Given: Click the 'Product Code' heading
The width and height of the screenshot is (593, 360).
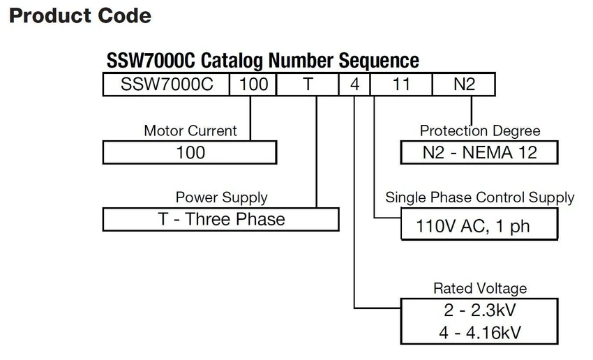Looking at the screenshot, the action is [x=80, y=16].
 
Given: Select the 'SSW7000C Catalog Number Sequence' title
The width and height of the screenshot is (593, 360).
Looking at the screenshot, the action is [x=263, y=61].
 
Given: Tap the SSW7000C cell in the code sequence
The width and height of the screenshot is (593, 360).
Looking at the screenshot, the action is [x=167, y=84].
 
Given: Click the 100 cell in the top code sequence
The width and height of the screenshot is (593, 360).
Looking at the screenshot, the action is [x=253, y=84].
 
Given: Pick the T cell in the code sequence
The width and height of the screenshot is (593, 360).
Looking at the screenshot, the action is [x=308, y=84].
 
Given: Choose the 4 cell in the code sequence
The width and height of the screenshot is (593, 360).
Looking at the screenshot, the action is [x=354, y=84].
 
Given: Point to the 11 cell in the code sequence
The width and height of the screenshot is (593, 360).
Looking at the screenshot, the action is [x=401, y=84].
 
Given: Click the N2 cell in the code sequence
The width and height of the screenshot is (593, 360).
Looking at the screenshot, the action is [x=464, y=84].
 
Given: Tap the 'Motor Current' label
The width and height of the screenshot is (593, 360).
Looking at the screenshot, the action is [x=190, y=131].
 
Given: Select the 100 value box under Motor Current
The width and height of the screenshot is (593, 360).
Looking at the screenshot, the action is [x=190, y=152].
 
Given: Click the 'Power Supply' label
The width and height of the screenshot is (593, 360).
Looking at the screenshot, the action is [x=221, y=197].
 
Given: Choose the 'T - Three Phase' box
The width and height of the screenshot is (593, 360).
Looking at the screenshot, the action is [x=221, y=219].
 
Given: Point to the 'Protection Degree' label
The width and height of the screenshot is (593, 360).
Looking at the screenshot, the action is [x=480, y=131].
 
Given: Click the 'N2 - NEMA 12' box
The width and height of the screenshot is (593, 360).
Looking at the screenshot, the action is [x=479, y=152].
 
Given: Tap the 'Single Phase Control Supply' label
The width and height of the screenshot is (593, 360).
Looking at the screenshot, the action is [x=479, y=197].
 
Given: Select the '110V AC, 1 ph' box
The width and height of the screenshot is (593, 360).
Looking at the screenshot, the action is [x=479, y=224].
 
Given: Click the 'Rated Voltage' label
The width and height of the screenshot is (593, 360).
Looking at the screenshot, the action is [x=480, y=289].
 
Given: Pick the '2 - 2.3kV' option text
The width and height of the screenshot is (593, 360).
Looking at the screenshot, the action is [x=479, y=310].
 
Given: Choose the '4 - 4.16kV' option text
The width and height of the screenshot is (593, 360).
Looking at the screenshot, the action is [x=479, y=333].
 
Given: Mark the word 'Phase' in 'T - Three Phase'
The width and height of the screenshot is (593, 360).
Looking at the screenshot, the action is [x=261, y=219].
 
